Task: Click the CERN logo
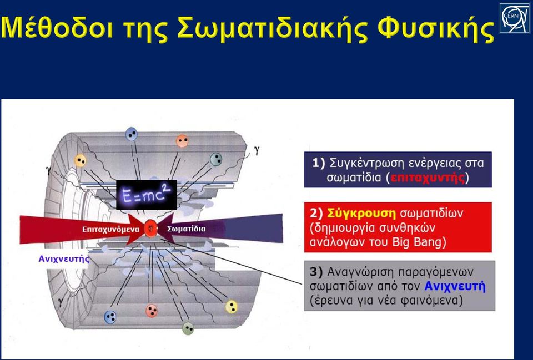(x=514, y=18)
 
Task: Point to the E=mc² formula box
(x=147, y=195)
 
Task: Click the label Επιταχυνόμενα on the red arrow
(x=111, y=229)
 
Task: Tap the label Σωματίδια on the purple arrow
(x=187, y=229)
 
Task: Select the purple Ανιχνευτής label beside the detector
(x=64, y=259)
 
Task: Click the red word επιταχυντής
(x=428, y=178)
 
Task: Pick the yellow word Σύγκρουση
(x=361, y=214)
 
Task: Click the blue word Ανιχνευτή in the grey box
(x=455, y=286)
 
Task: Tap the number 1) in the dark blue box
(x=319, y=163)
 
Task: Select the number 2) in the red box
(x=317, y=214)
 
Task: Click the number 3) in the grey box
(x=317, y=272)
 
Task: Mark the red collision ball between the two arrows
(x=150, y=228)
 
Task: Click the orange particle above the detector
(x=182, y=141)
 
